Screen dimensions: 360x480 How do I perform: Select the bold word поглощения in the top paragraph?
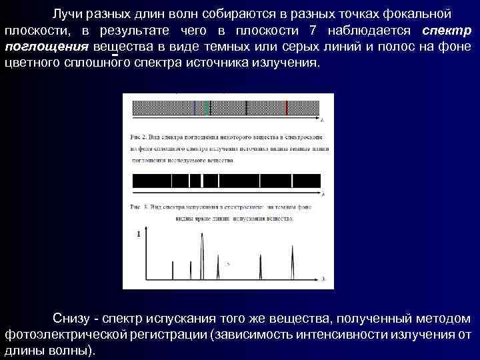pos(46,47)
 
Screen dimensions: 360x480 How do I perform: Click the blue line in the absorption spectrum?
pos(194,107)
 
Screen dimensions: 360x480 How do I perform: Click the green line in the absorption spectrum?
pos(208,107)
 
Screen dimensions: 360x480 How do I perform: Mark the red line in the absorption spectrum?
pos(287,107)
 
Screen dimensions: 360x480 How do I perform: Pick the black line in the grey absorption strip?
pos(247,107)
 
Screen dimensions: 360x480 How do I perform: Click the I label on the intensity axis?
pos(138,235)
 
